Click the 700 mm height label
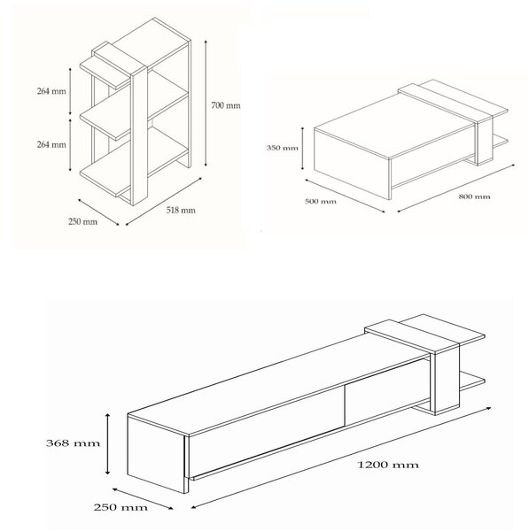226,105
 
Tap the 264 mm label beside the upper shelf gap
51,91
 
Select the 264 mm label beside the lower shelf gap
51,144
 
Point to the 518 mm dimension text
181,211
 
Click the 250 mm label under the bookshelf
82,222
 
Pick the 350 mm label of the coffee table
283,148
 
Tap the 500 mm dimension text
321,202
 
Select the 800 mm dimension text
474,196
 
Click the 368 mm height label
73,443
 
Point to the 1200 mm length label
388,465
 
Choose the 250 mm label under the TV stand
121,508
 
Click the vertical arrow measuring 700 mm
206,103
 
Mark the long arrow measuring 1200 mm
341,458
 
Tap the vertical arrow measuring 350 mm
302,148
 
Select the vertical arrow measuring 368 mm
107,443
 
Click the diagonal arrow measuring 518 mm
164,201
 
